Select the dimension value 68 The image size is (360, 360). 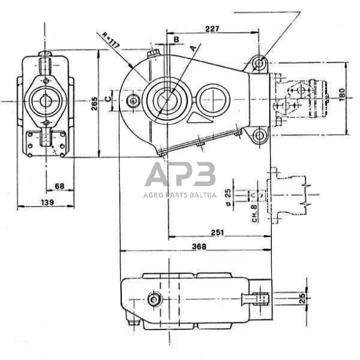[x=59, y=186]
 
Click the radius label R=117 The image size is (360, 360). [x=113, y=44]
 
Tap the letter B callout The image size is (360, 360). [x=176, y=39]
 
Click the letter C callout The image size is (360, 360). [x=107, y=97]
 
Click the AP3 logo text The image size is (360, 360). [x=179, y=175]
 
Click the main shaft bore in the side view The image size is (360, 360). [x=166, y=98]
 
